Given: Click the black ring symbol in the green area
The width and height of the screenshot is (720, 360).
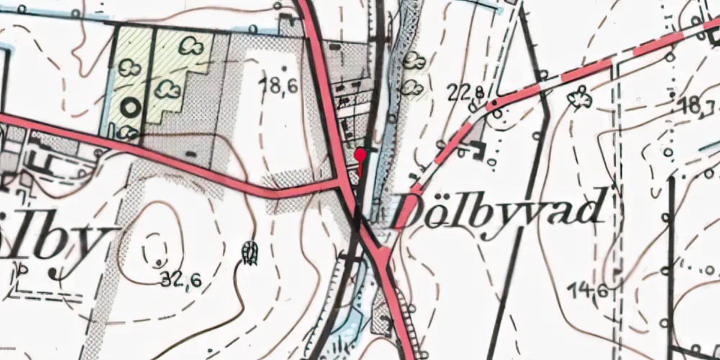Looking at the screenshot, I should pos(130,108).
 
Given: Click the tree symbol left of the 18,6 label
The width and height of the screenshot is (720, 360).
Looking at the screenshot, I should pos(168,90).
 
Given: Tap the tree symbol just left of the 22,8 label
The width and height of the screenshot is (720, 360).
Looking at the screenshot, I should pos(412,88).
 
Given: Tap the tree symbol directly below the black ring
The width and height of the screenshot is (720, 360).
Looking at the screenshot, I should pos(128,132).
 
